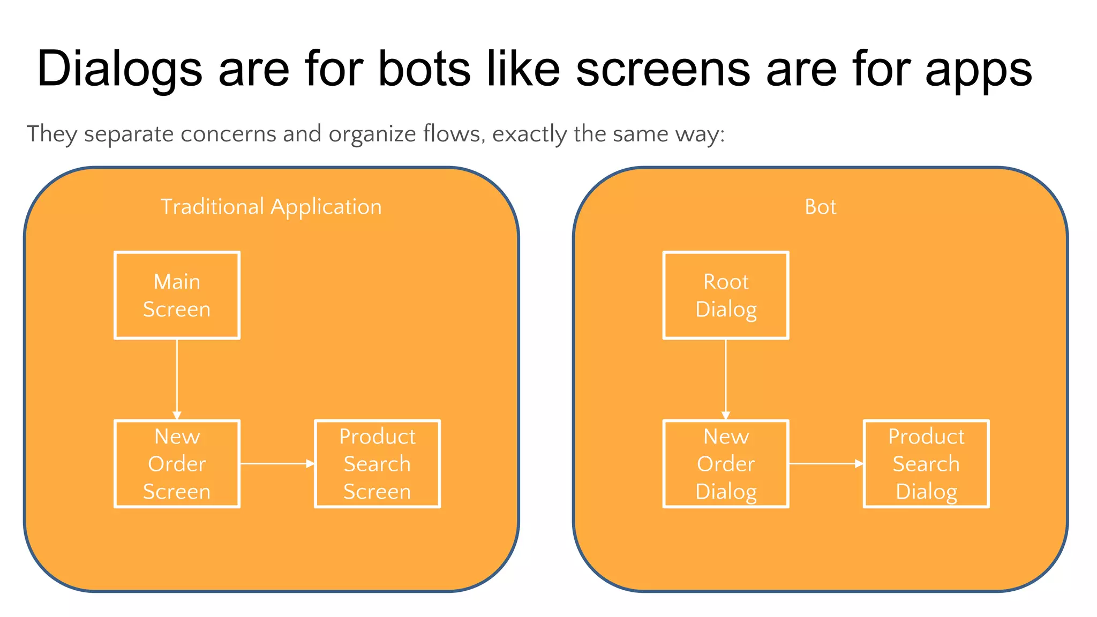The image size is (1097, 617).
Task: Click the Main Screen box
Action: point(177,295)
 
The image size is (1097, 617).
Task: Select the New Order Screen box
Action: point(177,464)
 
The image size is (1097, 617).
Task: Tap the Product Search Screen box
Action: point(377,464)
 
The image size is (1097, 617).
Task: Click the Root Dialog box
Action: point(726,295)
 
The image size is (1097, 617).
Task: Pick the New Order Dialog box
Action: point(726,464)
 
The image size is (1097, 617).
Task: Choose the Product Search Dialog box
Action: point(926,464)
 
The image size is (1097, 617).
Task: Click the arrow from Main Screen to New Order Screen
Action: point(177,378)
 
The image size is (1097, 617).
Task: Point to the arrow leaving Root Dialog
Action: point(726,378)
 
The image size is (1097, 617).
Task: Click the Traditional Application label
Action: point(271,207)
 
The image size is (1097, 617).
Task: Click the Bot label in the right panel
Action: point(820,207)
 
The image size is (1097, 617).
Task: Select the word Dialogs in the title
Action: point(119,69)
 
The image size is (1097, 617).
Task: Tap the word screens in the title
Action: point(663,69)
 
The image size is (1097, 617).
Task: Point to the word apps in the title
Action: point(979,69)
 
